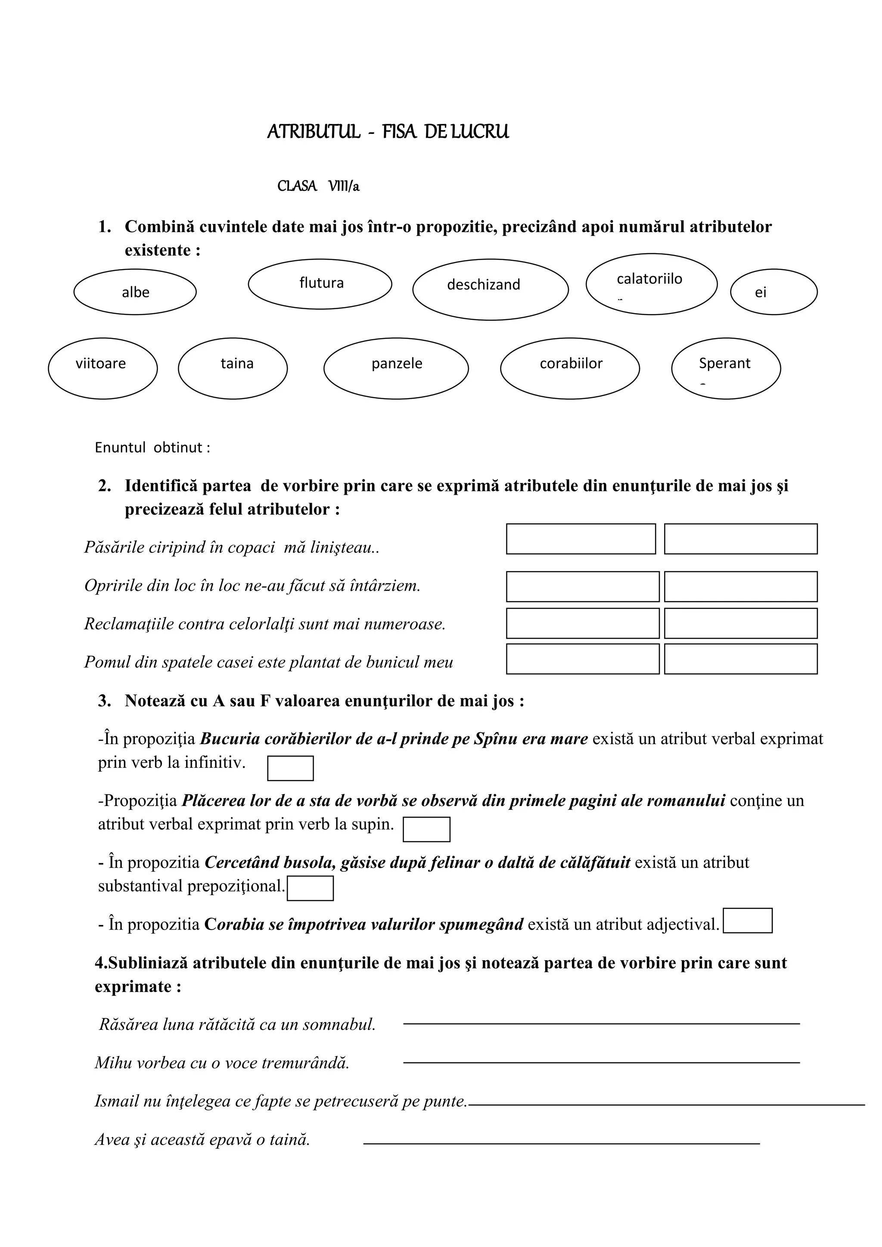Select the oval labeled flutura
(x=320, y=283)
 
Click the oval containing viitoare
(x=102, y=368)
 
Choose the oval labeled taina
(x=233, y=368)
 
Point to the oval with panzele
(x=396, y=368)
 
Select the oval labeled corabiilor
(x=570, y=368)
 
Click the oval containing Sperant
(x=726, y=368)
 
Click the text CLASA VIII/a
(x=318, y=186)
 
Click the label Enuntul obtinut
(x=152, y=447)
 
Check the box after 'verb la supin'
(x=426, y=829)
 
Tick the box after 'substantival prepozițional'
(x=310, y=888)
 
